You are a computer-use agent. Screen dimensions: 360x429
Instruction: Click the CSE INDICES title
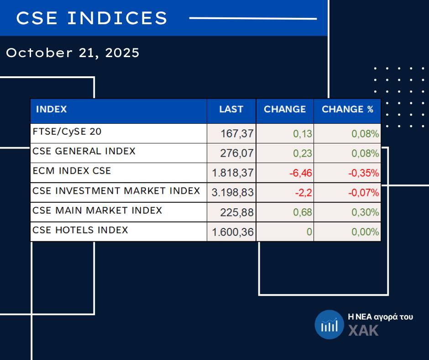point(92,18)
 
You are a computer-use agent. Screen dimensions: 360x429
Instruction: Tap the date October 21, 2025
point(73,53)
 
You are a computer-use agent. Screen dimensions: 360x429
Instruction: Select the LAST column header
point(231,110)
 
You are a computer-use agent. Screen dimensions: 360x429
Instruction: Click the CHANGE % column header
point(347,110)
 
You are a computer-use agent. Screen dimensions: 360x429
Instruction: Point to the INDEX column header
point(51,110)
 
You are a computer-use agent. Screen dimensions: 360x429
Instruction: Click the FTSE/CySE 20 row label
point(67,132)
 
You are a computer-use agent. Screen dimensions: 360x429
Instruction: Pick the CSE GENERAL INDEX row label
point(84,151)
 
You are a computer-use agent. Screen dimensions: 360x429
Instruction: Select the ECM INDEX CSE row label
point(72,171)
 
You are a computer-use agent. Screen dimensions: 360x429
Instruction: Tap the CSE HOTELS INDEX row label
point(80,230)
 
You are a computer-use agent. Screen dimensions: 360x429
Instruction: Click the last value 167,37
point(237,134)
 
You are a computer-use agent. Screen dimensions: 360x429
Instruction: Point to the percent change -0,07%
point(364,193)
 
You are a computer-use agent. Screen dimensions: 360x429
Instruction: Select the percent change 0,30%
point(365,212)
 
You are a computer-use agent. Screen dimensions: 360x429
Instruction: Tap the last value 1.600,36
point(233,232)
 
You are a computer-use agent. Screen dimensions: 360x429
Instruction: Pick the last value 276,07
point(237,154)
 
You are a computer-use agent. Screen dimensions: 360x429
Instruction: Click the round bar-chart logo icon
point(329,325)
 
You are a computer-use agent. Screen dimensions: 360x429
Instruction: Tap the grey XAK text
point(363,330)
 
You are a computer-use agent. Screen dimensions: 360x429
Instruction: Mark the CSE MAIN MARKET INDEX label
point(97,211)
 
